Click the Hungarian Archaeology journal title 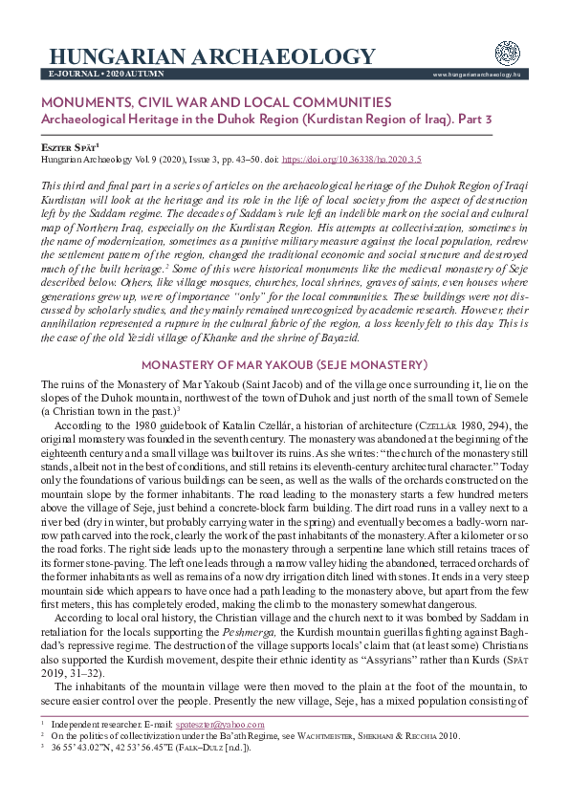211,55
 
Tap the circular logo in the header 507,54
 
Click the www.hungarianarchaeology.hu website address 476,74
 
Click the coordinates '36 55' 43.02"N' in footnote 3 84,773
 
